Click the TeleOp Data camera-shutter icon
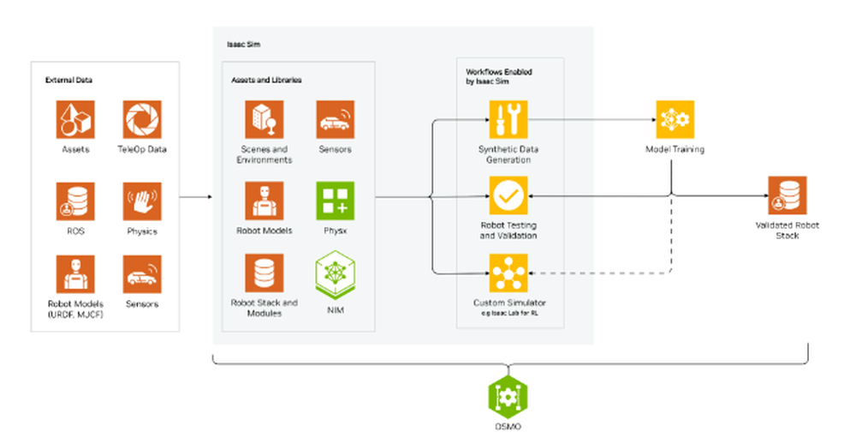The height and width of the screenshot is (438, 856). click(142, 119)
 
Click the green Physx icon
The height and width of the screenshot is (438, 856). click(335, 201)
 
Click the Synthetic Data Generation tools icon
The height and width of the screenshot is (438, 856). click(508, 119)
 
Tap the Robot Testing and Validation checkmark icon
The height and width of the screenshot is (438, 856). click(508, 196)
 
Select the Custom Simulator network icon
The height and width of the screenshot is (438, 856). click(508, 273)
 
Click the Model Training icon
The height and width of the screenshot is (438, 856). click(675, 119)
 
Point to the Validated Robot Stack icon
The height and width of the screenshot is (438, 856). click(787, 195)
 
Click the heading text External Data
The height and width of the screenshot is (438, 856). click(68, 81)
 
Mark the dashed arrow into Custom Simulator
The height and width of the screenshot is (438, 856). click(599, 273)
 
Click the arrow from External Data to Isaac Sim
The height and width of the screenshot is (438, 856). click(196, 197)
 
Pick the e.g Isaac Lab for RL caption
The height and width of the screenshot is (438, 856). click(508, 313)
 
